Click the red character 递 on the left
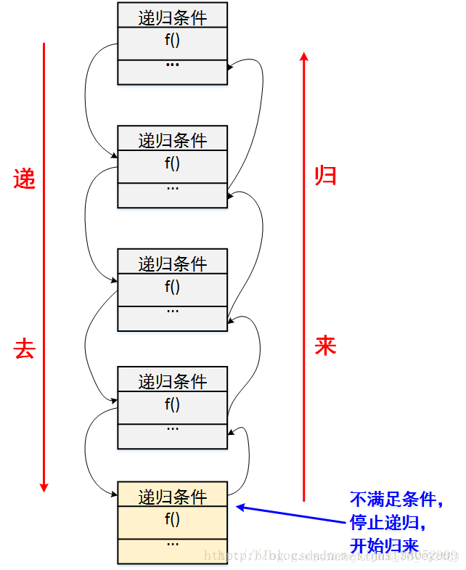24,179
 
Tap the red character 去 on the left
24,349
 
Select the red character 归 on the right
325,175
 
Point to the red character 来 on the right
325,345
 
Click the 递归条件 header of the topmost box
173,16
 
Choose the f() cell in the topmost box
173,40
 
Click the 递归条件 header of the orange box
173,497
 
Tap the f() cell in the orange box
173,519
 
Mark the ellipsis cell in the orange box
173,545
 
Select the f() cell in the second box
173,163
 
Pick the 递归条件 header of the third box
173,263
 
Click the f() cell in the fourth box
173,404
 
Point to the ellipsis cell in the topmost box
173,66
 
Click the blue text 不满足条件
396,500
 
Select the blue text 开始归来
385,545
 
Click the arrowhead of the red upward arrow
304,55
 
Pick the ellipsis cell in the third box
173,312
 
